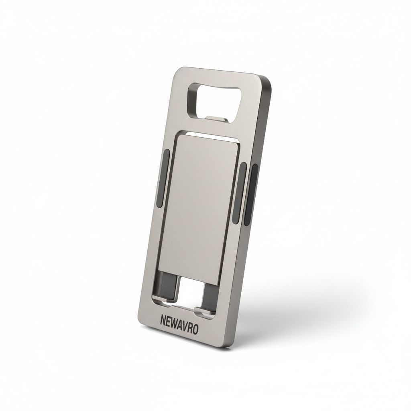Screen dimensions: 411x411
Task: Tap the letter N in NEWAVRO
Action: click(x=163, y=321)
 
